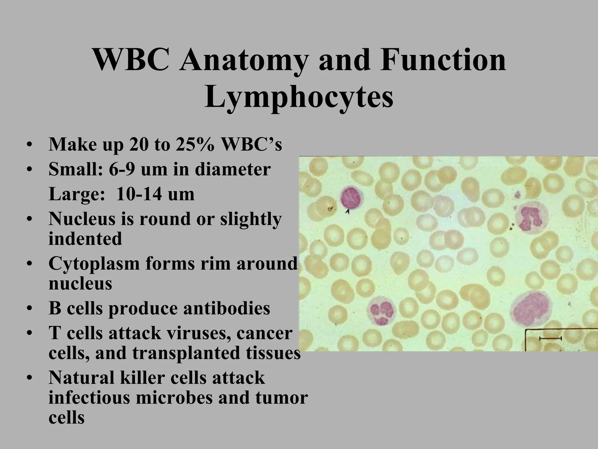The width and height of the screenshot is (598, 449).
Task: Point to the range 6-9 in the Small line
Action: click(122, 169)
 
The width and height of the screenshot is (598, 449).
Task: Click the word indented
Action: click(85, 239)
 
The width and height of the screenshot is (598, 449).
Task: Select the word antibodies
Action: click(226, 309)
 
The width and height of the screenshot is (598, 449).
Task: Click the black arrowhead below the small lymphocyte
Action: click(347, 211)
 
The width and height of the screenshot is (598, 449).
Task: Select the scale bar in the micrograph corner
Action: click(550, 338)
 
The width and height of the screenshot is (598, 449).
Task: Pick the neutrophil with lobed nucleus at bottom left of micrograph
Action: click(382, 312)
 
